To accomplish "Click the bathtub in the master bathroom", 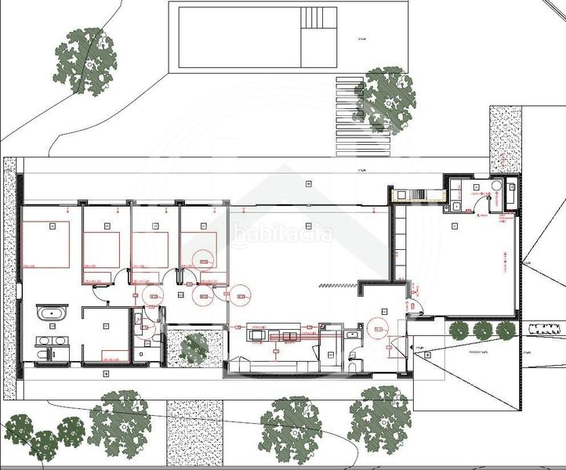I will click(x=52, y=315).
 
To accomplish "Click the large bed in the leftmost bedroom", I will click(x=46, y=245).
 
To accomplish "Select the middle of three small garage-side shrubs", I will click(x=481, y=331).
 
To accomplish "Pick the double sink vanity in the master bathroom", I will click(x=51, y=342).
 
